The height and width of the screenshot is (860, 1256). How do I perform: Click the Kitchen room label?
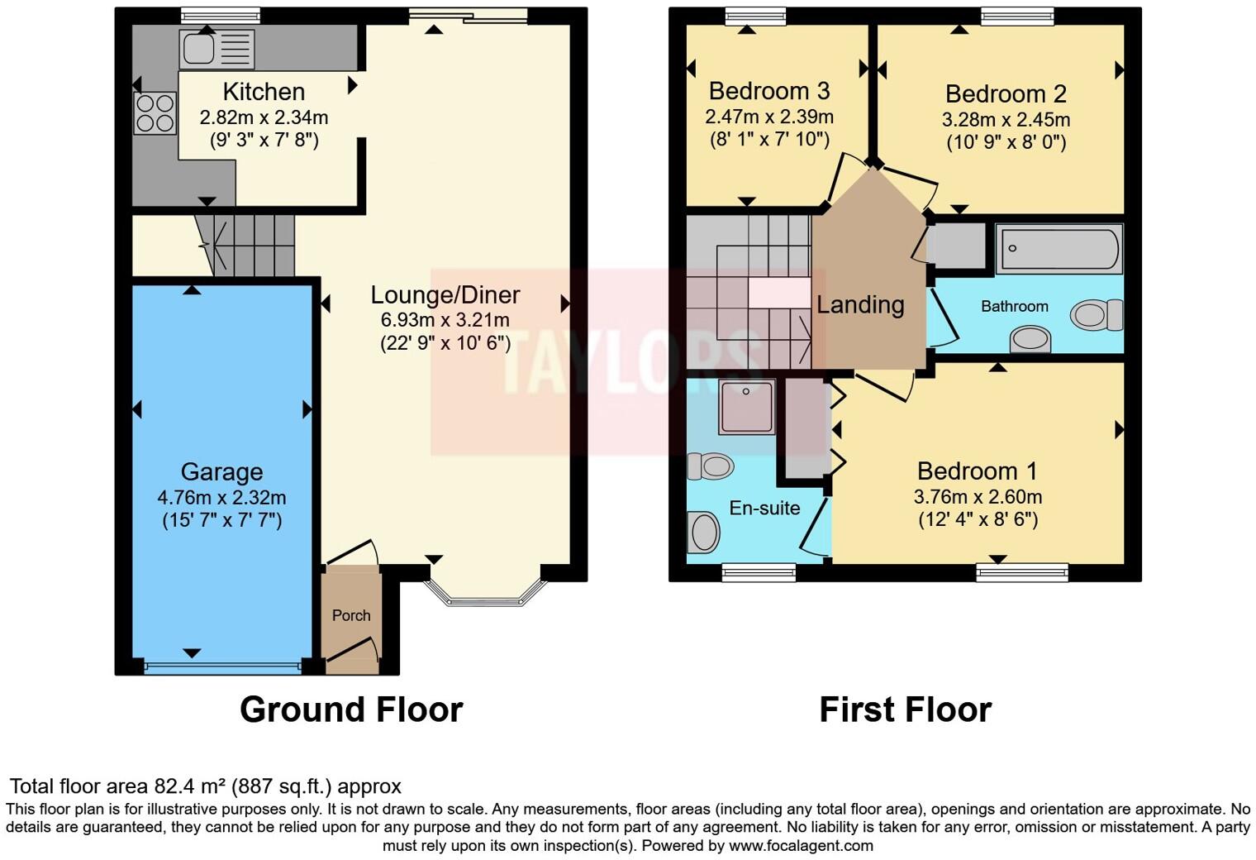(x=264, y=92)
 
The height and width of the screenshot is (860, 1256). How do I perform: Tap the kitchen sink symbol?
(x=216, y=49)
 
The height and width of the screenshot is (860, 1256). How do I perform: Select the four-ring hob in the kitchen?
(x=155, y=113)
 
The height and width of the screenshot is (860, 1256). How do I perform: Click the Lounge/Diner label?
(x=445, y=295)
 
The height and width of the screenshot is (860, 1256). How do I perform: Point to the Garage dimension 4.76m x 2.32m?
(x=221, y=498)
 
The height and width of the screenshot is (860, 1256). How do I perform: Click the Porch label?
(x=351, y=615)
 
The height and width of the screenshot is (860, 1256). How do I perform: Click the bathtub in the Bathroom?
(x=1059, y=248)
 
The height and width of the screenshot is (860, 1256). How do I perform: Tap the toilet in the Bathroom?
(x=1097, y=315)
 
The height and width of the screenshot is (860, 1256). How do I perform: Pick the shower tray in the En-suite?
(x=746, y=407)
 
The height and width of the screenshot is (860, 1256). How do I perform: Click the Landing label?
(x=860, y=305)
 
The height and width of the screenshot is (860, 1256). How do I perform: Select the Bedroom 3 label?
(x=769, y=91)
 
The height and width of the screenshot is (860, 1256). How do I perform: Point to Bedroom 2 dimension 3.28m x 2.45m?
(x=1006, y=120)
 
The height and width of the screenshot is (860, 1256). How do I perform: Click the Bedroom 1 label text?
(x=977, y=471)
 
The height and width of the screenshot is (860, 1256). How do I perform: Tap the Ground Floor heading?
(x=351, y=709)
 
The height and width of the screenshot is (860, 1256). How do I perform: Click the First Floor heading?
(x=905, y=709)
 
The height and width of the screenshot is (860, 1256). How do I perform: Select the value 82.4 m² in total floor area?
(x=190, y=786)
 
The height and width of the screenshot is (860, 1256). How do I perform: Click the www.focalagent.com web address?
(x=800, y=846)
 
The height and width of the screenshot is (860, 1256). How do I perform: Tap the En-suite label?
(x=764, y=509)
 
